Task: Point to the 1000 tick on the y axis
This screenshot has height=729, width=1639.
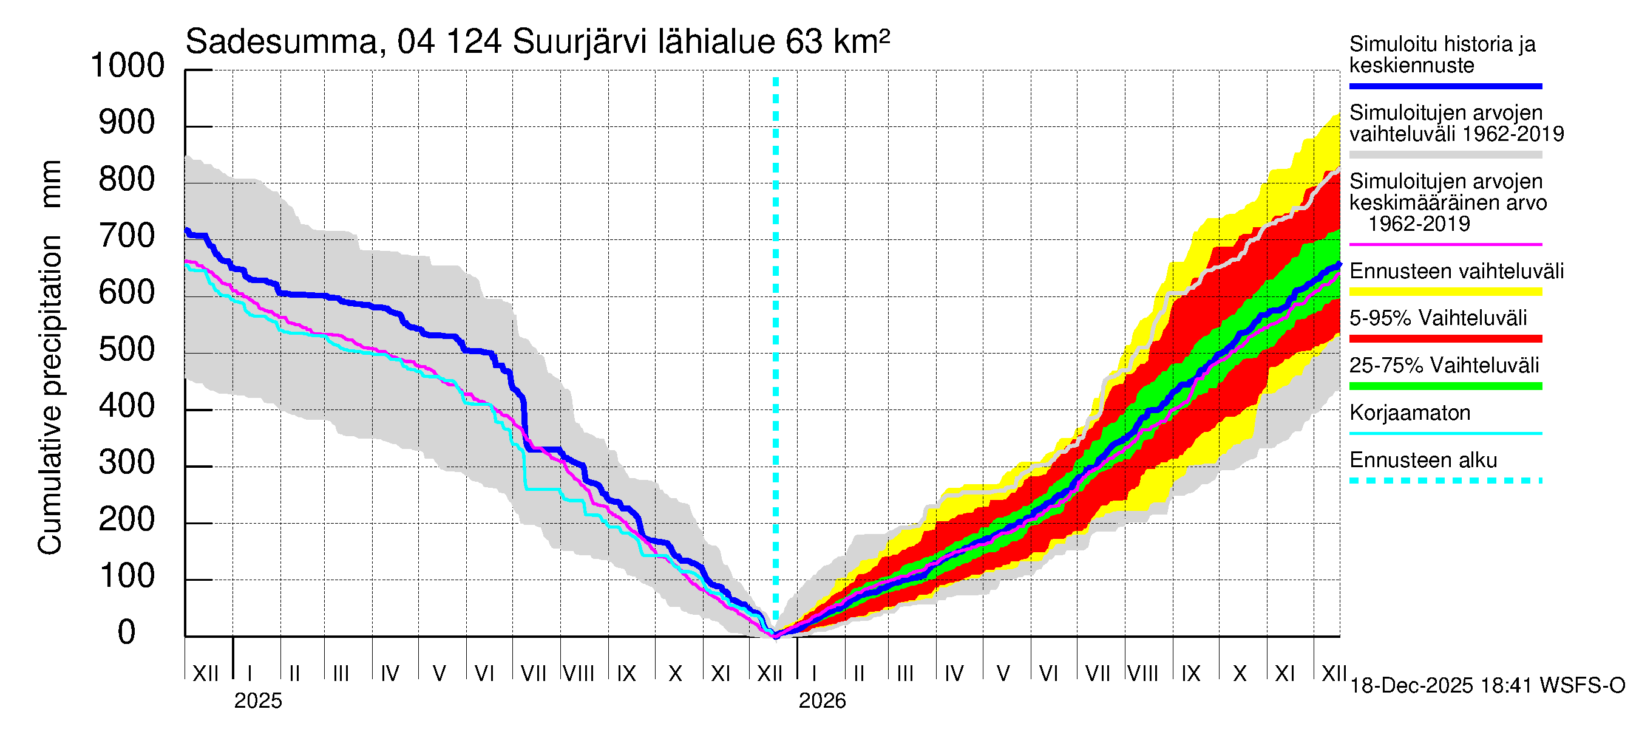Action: pos(127,66)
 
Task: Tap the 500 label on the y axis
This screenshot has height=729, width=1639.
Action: pos(127,349)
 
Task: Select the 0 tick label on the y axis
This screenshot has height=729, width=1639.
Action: pos(127,632)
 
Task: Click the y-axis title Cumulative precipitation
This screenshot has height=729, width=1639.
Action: pos(50,357)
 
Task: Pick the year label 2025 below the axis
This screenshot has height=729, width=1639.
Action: pos(257,701)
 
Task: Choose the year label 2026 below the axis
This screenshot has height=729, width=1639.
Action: pos(822,701)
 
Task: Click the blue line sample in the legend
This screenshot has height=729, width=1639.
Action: pos(1445,86)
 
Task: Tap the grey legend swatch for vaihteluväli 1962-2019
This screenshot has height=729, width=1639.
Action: pos(1445,155)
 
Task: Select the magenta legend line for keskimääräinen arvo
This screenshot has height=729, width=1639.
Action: pos(1445,244)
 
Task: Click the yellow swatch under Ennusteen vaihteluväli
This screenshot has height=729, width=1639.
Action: pos(1445,292)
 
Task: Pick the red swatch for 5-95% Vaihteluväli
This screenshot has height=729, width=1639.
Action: pos(1445,339)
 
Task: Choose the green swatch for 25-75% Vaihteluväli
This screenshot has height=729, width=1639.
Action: pos(1445,386)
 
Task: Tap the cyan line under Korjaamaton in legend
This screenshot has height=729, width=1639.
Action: pos(1445,434)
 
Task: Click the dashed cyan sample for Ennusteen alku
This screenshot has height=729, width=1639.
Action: pos(1445,481)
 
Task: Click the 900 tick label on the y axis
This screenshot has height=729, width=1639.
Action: pos(127,122)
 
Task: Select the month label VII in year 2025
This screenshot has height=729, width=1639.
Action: pos(533,673)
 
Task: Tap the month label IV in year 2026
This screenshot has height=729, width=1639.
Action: pos(954,673)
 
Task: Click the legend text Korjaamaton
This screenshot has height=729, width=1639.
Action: pos(1410,413)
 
